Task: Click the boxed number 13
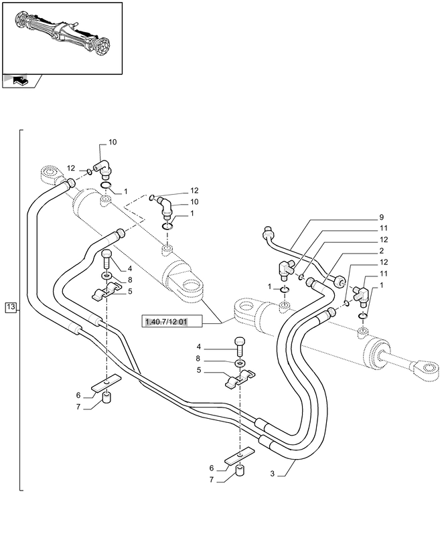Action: [10, 307]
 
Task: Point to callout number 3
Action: [273, 473]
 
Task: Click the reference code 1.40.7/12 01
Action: [165, 323]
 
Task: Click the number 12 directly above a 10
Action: [194, 191]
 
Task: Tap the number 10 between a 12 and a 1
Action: [194, 201]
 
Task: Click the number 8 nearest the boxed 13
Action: [129, 280]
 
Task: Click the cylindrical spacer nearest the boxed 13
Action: [105, 400]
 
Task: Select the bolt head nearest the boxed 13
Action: [106, 254]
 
